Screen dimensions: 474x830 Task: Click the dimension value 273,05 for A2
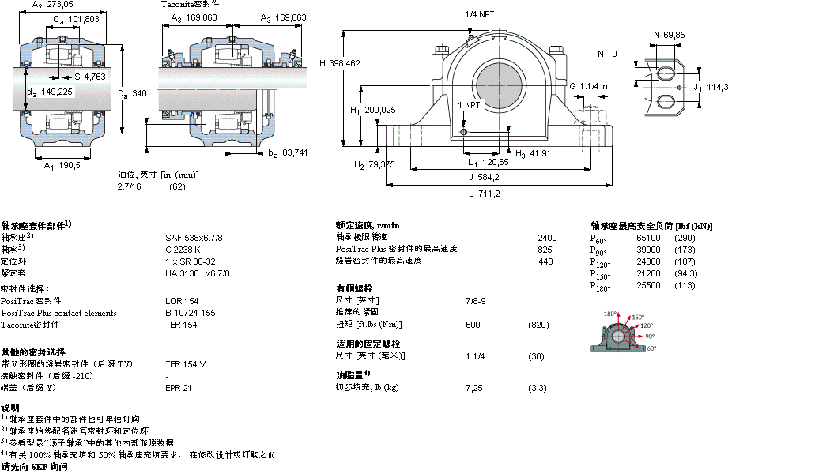(x=60, y=5)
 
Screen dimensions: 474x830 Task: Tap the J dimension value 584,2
(x=491, y=176)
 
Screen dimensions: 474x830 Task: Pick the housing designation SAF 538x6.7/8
(x=194, y=237)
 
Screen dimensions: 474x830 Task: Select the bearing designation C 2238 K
(x=182, y=249)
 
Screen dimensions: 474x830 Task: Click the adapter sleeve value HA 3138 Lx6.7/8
(x=197, y=273)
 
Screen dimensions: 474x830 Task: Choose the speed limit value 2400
(x=547, y=237)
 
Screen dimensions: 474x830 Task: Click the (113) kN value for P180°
(x=685, y=285)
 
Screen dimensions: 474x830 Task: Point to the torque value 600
(x=473, y=325)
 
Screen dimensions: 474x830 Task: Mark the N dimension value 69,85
(x=674, y=34)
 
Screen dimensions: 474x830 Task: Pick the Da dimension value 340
(x=139, y=93)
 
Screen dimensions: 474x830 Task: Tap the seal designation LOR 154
(x=182, y=301)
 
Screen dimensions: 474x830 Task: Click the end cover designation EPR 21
(x=178, y=388)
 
